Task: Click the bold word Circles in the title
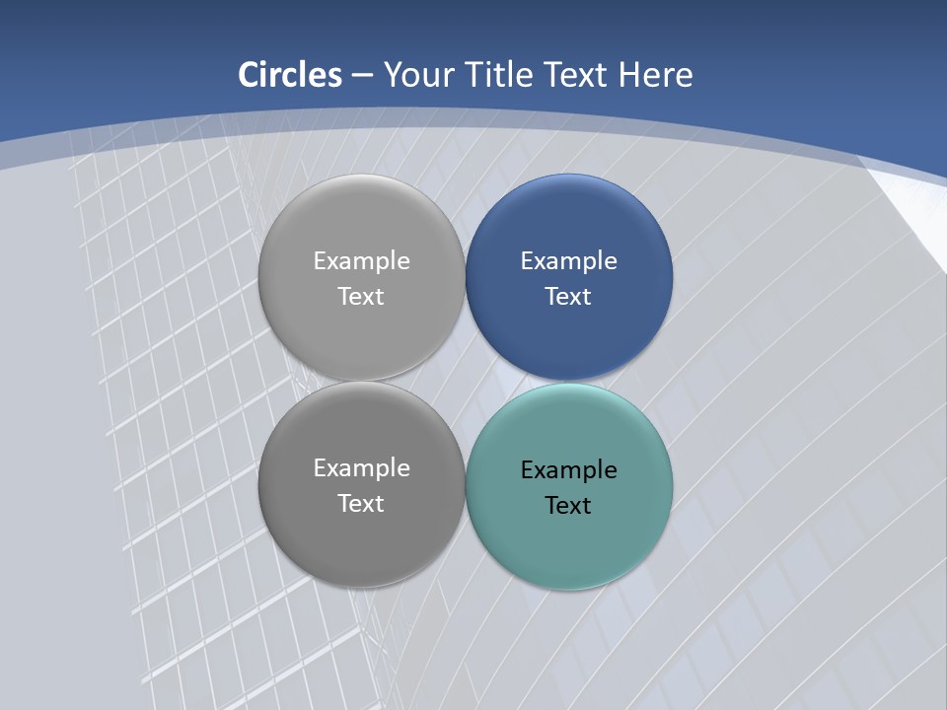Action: pyautogui.click(x=290, y=75)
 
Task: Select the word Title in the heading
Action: pyautogui.click(x=502, y=75)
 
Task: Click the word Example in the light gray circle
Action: pyautogui.click(x=361, y=261)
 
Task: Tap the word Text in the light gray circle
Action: pyautogui.click(x=361, y=297)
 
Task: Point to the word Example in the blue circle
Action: pyautogui.click(x=568, y=261)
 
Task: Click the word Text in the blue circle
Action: pyautogui.click(x=568, y=297)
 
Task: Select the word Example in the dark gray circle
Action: pyautogui.click(x=361, y=468)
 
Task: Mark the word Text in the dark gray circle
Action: pyautogui.click(x=361, y=504)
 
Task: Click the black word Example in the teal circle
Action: pyautogui.click(x=568, y=470)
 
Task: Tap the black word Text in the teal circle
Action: pyautogui.click(x=568, y=506)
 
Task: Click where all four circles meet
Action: pyautogui.click(x=466, y=382)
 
